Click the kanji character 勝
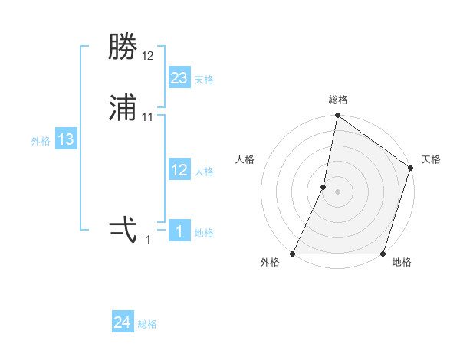[123, 47]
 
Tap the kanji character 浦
[123, 107]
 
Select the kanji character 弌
[123, 229]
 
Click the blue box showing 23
[179, 77]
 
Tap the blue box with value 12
[179, 170]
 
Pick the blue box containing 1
[179, 231]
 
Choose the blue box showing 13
[66, 139]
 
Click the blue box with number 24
[123, 323]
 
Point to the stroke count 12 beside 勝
[148, 56]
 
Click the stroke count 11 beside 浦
[148, 116]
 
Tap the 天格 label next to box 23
[204, 80]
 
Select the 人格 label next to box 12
[204, 172]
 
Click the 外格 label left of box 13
[41, 141]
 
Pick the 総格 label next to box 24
[147, 325]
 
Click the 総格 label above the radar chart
[338, 100]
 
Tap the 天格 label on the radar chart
[431, 159]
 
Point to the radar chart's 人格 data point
[324, 187]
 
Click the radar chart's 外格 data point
[293, 254]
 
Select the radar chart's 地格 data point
[383, 254]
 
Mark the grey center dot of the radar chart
[338, 191]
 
